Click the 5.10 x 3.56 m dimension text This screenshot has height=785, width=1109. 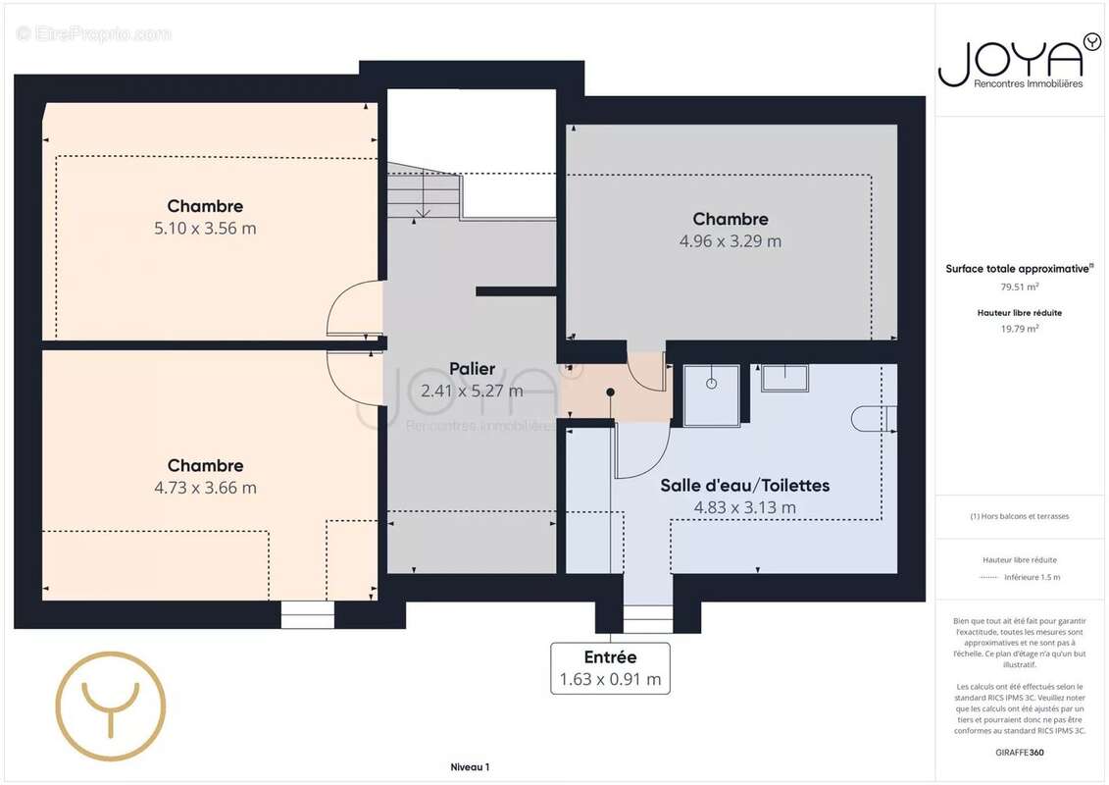tap(205, 228)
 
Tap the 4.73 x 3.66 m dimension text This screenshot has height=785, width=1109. tap(205, 488)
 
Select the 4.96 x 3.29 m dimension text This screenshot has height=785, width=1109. tap(731, 241)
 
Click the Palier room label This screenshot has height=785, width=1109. tap(473, 369)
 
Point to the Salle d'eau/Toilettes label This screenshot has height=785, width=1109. tap(745, 486)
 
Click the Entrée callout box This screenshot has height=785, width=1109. tap(610, 668)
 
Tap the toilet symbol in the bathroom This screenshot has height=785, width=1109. tap(875, 418)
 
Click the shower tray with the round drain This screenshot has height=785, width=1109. tap(712, 395)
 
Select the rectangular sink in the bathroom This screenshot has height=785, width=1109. tap(784, 378)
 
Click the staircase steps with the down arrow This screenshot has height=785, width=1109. tap(424, 190)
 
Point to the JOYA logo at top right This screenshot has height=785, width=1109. tap(1019, 61)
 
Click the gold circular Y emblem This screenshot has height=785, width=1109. tap(111, 706)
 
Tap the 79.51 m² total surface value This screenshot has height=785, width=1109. tap(1019, 287)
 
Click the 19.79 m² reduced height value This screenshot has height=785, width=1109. tap(1019, 329)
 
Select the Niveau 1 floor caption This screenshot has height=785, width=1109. tap(470, 766)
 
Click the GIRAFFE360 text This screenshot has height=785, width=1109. tap(1019, 753)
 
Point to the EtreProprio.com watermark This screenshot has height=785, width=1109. tap(93, 33)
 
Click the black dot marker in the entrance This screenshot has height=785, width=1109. tap(610, 392)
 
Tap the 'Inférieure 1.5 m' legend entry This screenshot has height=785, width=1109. tap(1032, 577)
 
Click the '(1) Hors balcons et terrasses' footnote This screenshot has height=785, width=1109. tap(1019, 516)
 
